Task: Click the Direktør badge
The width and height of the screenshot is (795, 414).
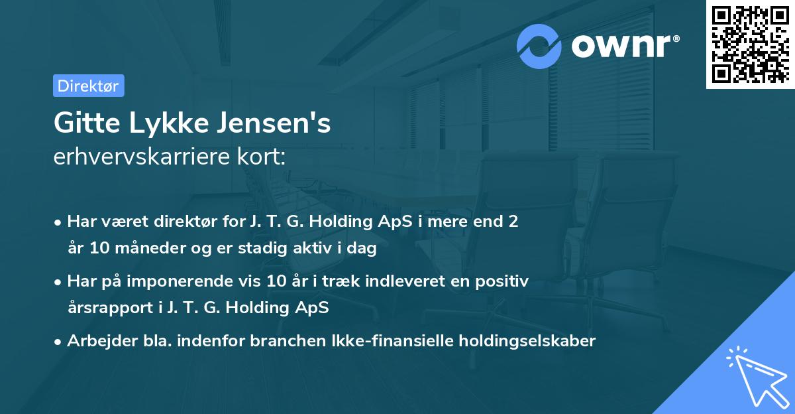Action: click(88, 86)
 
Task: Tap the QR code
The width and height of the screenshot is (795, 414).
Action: click(750, 44)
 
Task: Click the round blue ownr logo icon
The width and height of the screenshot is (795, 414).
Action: click(539, 46)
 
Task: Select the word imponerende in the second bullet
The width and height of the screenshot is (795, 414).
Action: click(187, 281)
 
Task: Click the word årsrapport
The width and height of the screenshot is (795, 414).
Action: click(106, 309)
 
